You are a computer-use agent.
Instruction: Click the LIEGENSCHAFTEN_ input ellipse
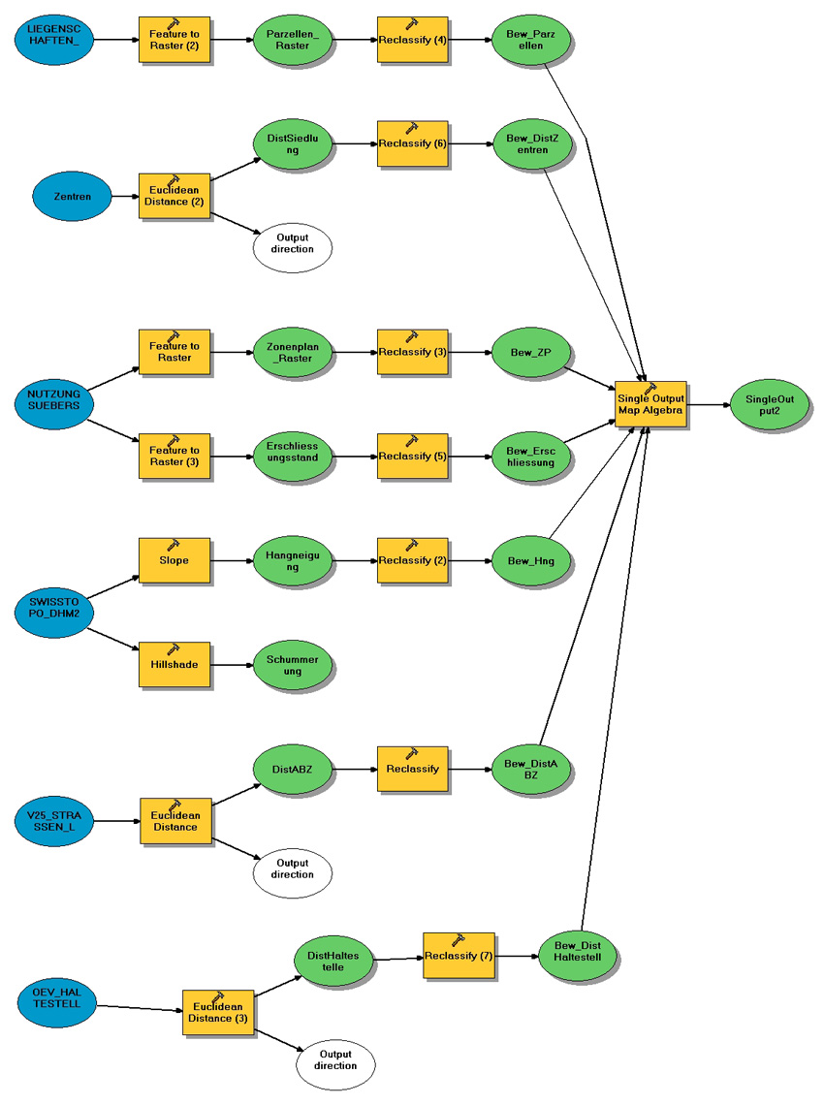(x=54, y=40)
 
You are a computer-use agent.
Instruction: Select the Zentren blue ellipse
(x=74, y=197)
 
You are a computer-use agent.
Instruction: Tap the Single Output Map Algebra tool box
(x=650, y=405)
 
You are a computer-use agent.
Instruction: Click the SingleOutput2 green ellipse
(x=770, y=404)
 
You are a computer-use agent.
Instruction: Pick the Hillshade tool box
(x=175, y=664)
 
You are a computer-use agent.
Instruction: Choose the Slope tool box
(x=175, y=560)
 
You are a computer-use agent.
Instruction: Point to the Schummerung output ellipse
(x=293, y=664)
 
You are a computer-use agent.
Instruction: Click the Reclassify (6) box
(x=413, y=143)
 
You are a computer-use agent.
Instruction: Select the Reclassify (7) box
(x=459, y=957)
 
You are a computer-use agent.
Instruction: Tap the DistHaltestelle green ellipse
(x=333, y=961)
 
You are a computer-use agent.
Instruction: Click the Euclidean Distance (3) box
(x=218, y=1013)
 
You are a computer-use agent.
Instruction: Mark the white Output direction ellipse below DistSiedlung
(x=293, y=243)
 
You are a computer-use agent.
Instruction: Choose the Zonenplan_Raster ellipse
(x=293, y=352)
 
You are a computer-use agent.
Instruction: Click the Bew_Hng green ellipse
(x=532, y=560)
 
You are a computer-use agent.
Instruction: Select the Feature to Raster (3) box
(x=175, y=456)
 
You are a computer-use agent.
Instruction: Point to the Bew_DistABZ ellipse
(x=532, y=770)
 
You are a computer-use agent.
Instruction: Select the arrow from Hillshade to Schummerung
(x=233, y=664)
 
